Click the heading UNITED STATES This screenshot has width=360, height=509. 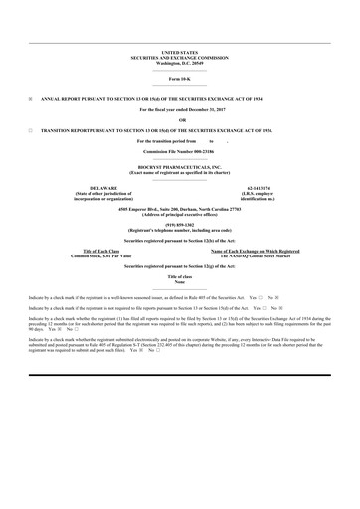(x=180, y=51)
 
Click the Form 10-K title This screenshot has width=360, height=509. (x=180, y=77)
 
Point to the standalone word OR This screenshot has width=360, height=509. (x=180, y=119)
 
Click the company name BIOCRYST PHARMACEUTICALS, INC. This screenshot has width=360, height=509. (x=180, y=166)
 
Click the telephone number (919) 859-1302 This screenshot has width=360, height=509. (x=180, y=225)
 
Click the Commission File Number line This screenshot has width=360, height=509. (x=180, y=152)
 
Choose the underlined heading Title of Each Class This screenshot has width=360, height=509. (x=102, y=252)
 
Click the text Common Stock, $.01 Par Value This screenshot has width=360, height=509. (x=102, y=256)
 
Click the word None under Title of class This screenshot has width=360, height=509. (x=180, y=281)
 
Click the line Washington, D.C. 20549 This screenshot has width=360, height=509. (x=180, y=61)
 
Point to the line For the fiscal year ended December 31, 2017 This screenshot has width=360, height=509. (x=180, y=108)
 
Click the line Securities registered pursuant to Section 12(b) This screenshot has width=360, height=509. (x=180, y=241)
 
